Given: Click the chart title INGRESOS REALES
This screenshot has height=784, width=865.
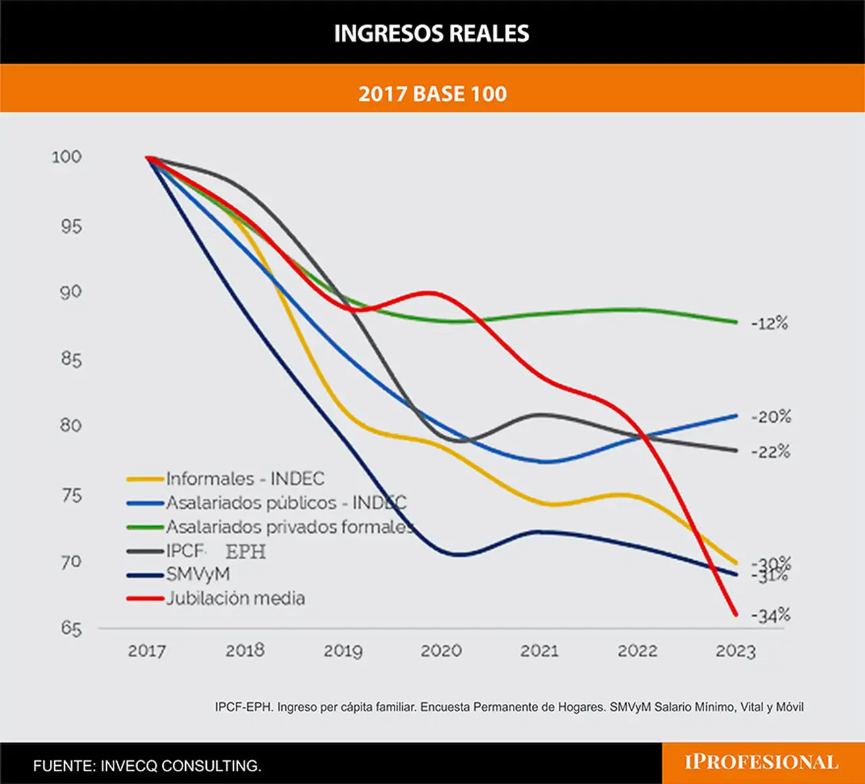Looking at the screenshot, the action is pos(432,33).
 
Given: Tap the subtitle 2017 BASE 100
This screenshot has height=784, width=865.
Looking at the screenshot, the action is pos(432,94).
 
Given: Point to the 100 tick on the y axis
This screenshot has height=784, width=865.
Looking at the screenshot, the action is pos(66,157).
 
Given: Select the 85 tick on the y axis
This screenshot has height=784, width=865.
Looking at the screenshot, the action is pos(71,359).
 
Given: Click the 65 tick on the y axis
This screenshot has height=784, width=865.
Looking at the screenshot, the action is pos(71,629).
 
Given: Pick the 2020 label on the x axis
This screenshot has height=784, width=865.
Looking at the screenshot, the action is pos(441,651).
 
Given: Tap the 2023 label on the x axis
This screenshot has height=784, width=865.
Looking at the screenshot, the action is pos(736,651).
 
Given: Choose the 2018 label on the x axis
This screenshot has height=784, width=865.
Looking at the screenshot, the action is pos(245,651).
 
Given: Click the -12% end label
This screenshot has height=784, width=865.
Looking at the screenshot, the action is pos(770,323).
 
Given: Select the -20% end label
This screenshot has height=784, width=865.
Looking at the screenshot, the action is pos(771,417).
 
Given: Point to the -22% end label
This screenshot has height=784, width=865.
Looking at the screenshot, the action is pos(770,452).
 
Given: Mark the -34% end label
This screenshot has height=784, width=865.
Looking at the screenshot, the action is pos(770,615).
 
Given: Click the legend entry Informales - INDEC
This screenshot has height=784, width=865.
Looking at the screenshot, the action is pos(245,478).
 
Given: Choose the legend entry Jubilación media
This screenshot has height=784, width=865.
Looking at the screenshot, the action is pos(236,598).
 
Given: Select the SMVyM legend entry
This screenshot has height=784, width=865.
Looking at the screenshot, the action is pos(198,574).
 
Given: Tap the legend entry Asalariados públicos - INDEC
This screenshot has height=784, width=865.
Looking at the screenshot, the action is pos(287,502).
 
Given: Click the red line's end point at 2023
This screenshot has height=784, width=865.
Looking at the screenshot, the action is pos(736,615).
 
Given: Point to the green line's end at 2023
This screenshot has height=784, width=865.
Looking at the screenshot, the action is pos(736,322).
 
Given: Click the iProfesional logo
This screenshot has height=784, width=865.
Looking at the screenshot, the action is pos(762,762).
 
